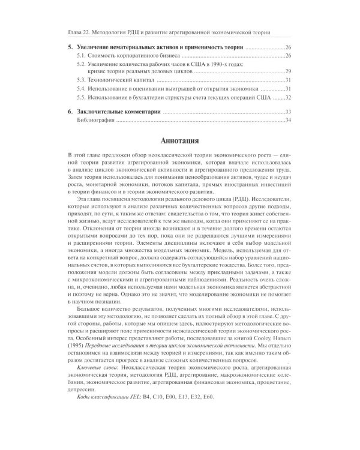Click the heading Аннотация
point(179,142)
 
